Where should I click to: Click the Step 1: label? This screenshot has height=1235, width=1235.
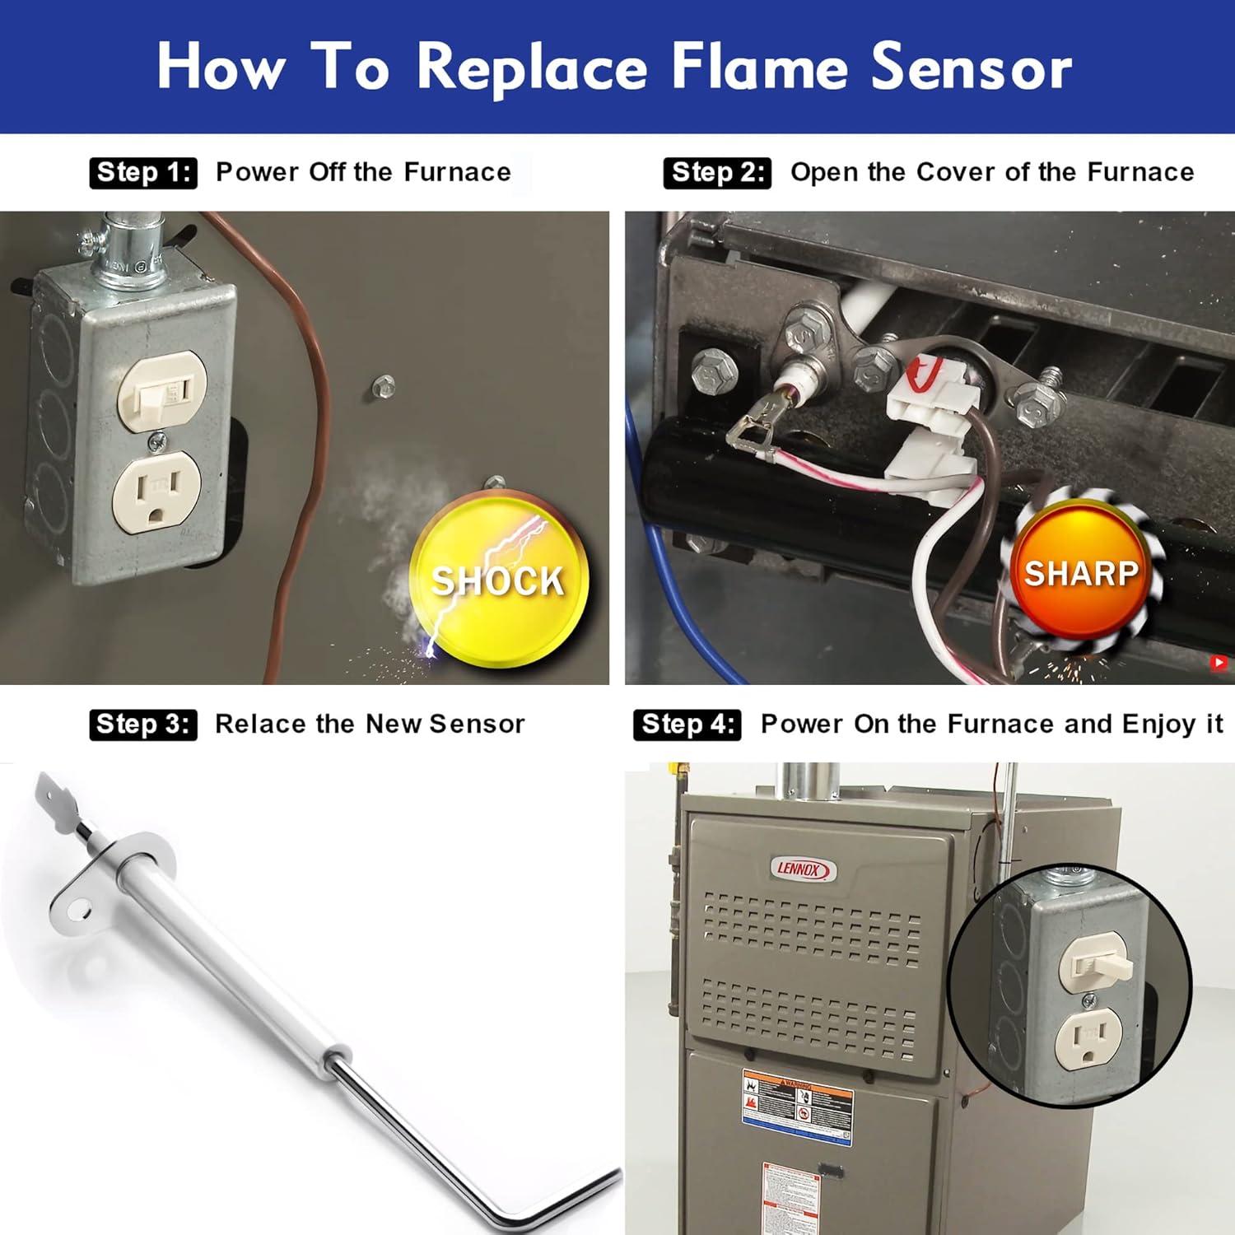143,173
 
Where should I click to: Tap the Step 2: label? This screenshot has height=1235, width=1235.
717,173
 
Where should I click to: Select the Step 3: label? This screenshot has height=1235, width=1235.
143,725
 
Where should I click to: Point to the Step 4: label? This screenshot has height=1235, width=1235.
687,725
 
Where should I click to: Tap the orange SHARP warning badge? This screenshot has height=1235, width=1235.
1080,572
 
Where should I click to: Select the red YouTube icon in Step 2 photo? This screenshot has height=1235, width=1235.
1219,662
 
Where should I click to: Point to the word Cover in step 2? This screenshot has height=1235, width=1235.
956,173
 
